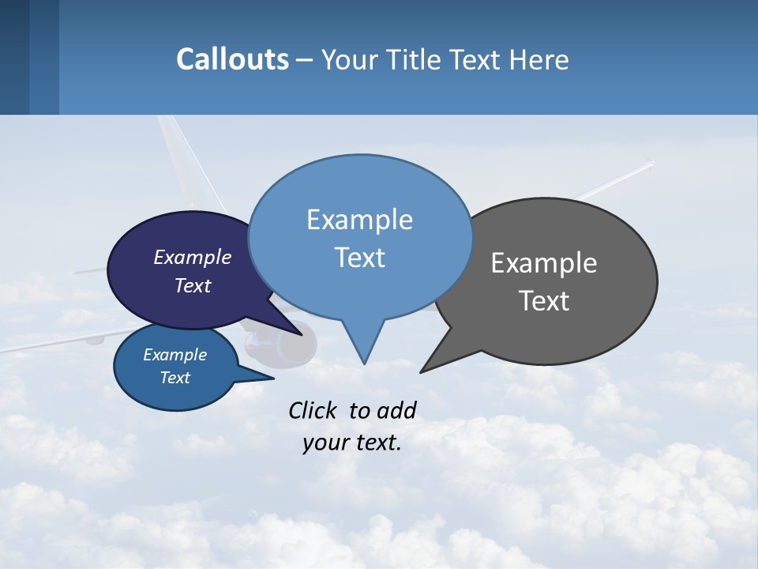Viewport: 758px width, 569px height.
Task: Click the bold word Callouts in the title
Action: click(233, 59)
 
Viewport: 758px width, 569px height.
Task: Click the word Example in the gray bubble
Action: click(544, 263)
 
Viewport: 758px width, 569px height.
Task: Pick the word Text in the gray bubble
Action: click(544, 301)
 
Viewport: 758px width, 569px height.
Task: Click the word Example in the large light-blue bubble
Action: click(359, 220)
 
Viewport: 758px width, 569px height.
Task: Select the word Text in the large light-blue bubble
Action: click(359, 258)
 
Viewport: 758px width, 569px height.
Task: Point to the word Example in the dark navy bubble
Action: click(193, 258)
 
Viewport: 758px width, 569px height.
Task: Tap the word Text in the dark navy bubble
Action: click(193, 285)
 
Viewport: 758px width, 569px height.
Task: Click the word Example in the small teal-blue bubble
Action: click(175, 355)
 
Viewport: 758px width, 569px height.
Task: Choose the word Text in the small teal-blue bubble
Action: click(175, 378)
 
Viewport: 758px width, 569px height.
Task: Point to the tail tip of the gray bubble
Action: click(421, 371)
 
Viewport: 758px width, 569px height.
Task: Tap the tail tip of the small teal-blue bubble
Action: click(272, 379)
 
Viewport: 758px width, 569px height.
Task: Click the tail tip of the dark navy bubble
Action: click(302, 334)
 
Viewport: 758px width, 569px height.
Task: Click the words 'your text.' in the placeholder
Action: click(352, 443)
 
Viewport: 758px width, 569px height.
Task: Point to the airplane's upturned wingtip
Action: click(649, 163)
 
